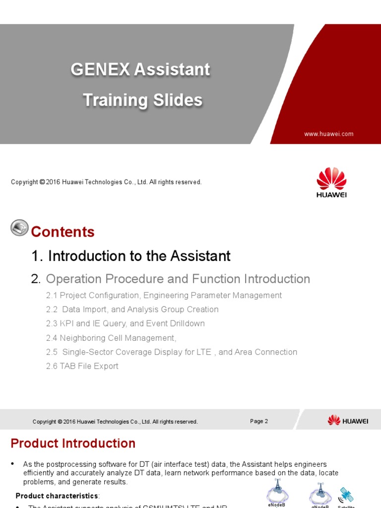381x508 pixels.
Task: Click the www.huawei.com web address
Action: tap(329, 134)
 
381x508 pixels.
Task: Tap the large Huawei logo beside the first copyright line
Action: tap(331, 182)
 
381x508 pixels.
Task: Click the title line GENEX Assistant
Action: tap(140, 69)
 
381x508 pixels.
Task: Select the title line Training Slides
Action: tap(142, 100)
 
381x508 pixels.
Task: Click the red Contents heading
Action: tap(63, 232)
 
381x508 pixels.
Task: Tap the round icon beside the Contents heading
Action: tap(19, 228)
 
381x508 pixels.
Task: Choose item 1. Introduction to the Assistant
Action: tap(131, 256)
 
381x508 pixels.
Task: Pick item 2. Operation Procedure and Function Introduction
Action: tap(171, 279)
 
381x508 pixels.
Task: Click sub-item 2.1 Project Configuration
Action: tap(164, 295)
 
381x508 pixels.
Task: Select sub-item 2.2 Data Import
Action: tap(132, 310)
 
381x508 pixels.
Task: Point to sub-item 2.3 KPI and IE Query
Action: tap(125, 323)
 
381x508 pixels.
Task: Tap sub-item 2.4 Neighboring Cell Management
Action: tap(111, 338)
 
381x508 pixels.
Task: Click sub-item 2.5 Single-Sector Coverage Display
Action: tap(171, 352)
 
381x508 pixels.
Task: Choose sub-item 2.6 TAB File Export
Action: tap(82, 366)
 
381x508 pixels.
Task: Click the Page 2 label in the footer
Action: tap(259, 421)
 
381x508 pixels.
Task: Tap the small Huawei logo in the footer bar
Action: tap(348, 421)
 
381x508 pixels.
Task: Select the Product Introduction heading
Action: tap(73, 443)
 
